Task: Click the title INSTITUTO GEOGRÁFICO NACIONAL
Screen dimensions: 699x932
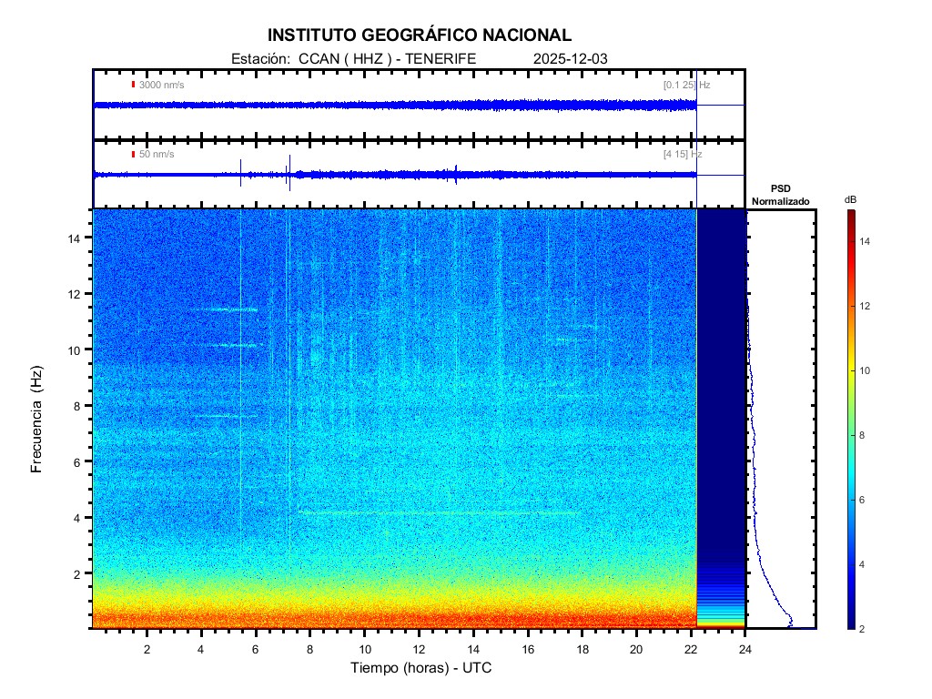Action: (x=420, y=35)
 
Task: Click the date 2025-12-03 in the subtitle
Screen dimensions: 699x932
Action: (x=570, y=58)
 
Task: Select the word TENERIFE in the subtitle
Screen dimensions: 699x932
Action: (x=441, y=58)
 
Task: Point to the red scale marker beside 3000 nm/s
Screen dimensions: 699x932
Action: (x=133, y=85)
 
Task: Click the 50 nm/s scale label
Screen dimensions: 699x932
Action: (x=157, y=155)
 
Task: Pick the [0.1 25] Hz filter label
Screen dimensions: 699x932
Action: (x=686, y=85)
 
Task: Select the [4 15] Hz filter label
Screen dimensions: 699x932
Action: (x=683, y=155)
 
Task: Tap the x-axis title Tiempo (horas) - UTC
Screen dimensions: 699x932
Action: (x=421, y=668)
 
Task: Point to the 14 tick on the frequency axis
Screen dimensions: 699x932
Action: (x=76, y=238)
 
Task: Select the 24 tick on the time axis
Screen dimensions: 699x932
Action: (x=745, y=649)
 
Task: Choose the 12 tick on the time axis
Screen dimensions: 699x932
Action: (x=419, y=649)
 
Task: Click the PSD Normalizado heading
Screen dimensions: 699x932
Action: (x=780, y=195)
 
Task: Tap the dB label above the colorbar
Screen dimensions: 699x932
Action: (x=850, y=199)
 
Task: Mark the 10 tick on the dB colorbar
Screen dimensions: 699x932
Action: (x=867, y=371)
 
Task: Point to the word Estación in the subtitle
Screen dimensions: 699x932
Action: (x=259, y=58)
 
